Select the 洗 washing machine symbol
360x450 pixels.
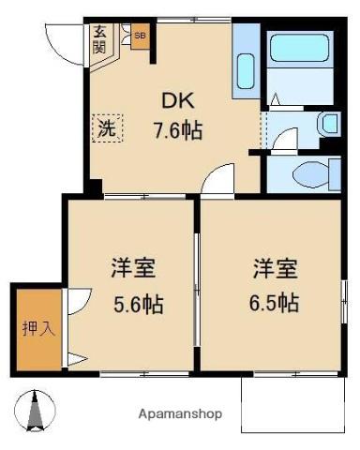[106, 129]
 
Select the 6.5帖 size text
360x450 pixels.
[274, 304]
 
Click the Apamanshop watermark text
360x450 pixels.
[180, 413]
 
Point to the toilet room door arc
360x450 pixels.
[287, 139]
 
